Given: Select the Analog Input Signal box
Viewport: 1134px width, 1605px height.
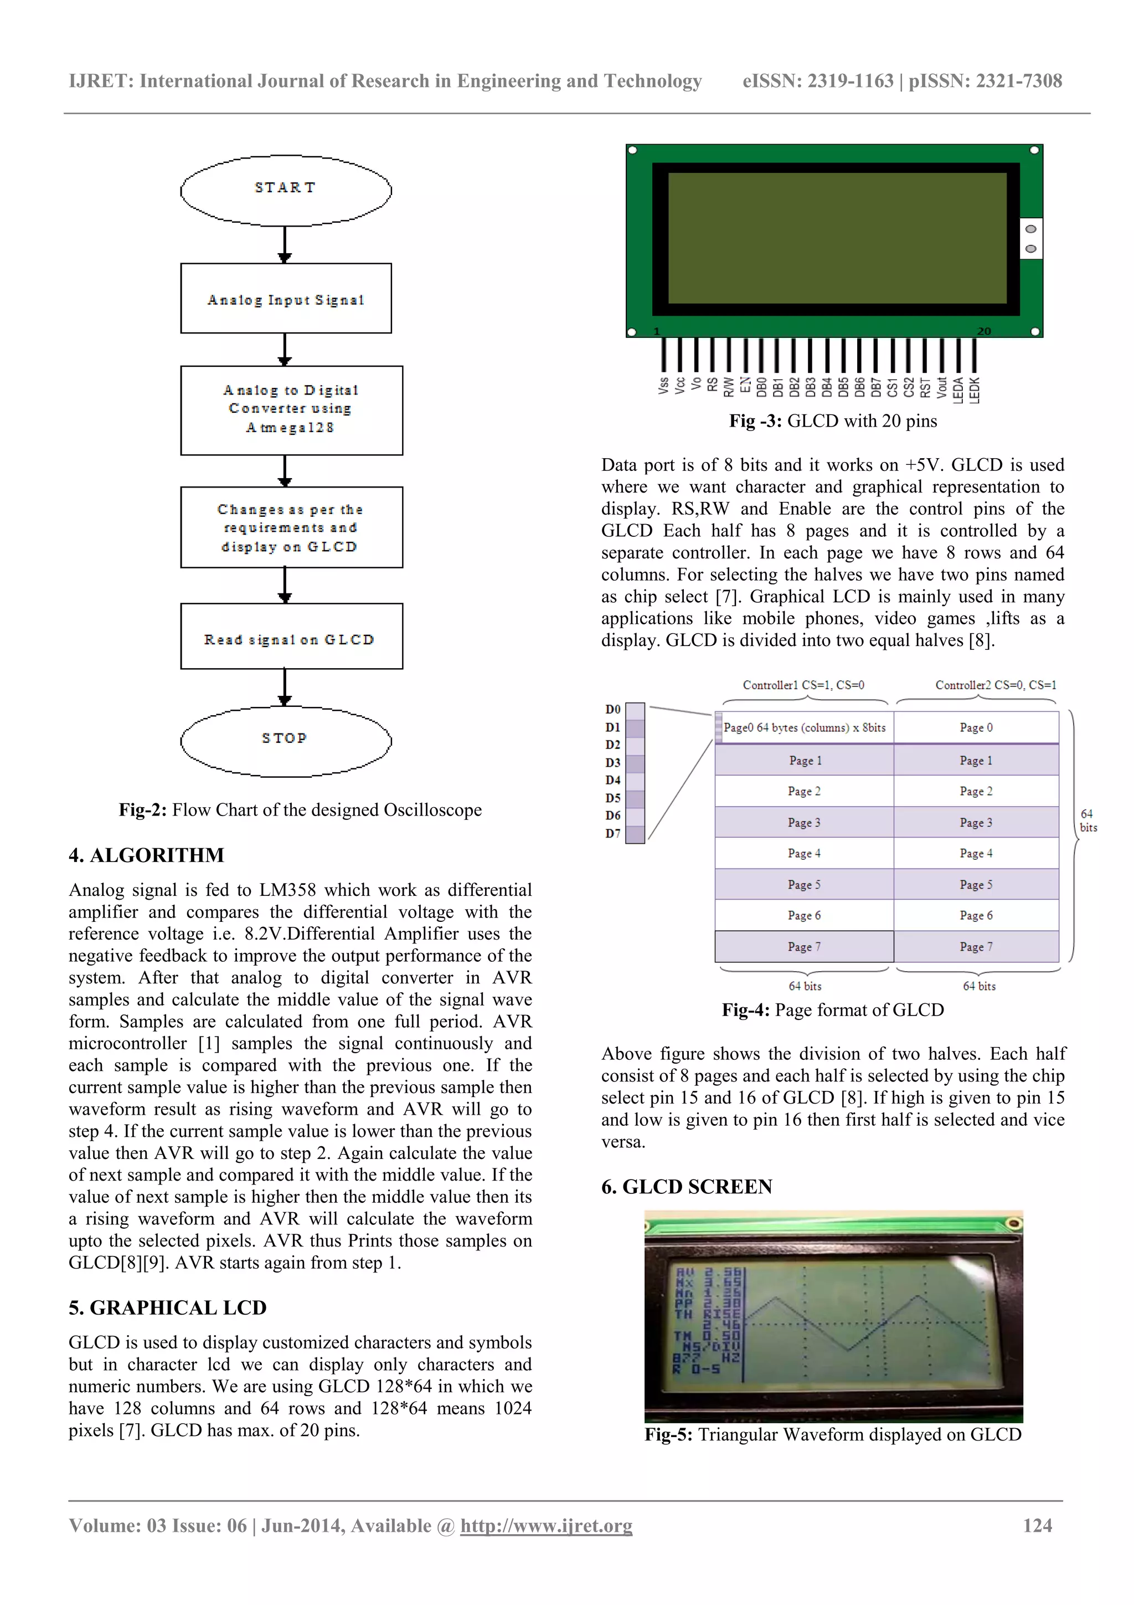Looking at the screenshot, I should pyautogui.click(x=286, y=299).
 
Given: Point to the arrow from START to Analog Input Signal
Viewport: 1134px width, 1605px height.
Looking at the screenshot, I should pyautogui.click(x=285, y=245).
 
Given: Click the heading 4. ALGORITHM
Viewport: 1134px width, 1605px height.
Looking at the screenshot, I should pyautogui.click(x=146, y=855).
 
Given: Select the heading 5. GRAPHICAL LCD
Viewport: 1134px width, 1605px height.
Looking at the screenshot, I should pyautogui.click(x=168, y=1308).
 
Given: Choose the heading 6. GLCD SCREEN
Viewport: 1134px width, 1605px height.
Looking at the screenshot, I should pyautogui.click(x=686, y=1187).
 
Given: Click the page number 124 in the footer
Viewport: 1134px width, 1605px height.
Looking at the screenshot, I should pyautogui.click(x=1037, y=1525).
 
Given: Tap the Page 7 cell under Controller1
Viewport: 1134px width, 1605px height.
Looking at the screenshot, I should pyautogui.click(x=803, y=946).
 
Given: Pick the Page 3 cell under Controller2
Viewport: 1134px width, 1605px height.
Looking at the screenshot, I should pyautogui.click(x=976, y=823).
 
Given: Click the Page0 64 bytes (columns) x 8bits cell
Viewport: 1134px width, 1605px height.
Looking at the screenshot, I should pyautogui.click(x=803, y=727).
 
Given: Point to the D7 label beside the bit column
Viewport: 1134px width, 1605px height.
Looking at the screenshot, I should pyautogui.click(x=613, y=833).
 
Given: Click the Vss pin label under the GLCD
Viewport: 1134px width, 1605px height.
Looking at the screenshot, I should pyautogui.click(x=663, y=385).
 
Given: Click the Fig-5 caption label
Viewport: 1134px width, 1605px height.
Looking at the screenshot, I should pyautogui.click(x=668, y=1434).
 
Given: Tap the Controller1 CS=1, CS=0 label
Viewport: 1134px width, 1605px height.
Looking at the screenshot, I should pyautogui.click(x=803, y=685).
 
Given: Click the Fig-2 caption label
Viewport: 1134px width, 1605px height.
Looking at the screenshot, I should pyautogui.click(x=142, y=810).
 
